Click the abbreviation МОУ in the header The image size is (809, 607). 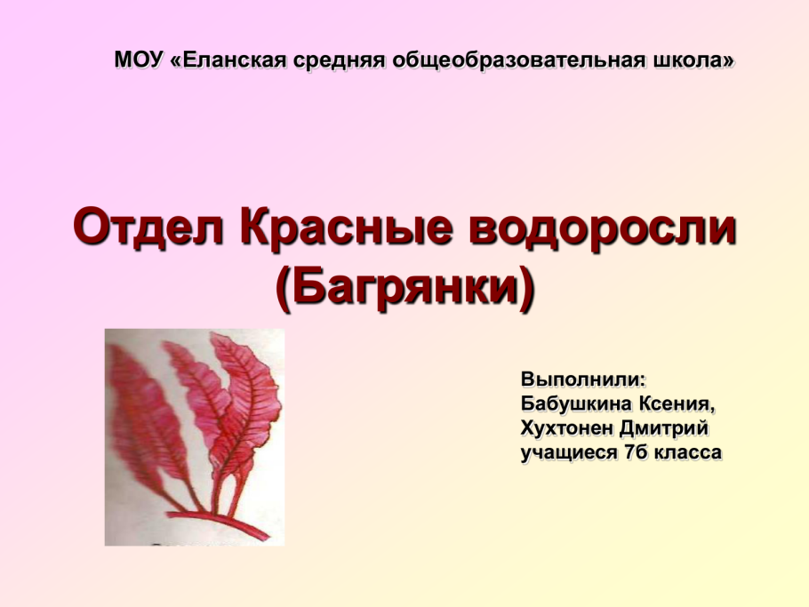[139, 60]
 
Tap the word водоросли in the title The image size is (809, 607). [602, 228]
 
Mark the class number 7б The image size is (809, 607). [636, 452]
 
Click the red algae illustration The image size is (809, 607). [195, 436]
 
